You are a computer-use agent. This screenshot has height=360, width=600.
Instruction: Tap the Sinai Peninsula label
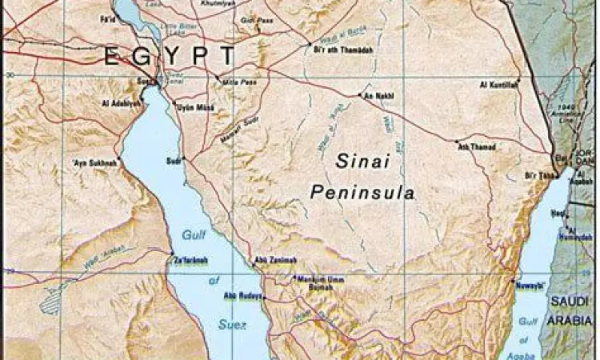point(364,176)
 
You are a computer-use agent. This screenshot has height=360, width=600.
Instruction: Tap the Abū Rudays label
point(242,296)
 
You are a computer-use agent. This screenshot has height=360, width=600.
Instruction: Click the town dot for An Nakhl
point(360,95)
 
